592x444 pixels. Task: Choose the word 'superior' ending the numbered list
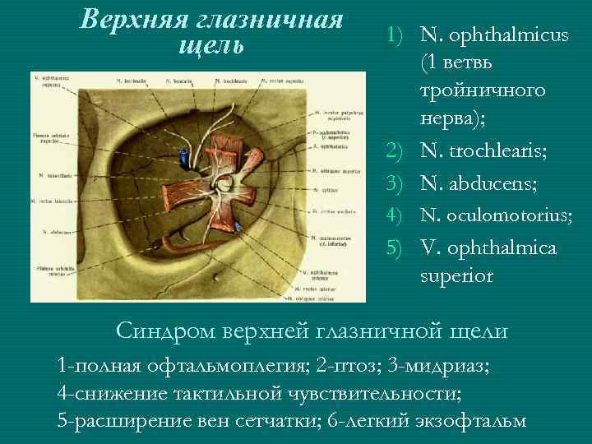(x=456, y=276)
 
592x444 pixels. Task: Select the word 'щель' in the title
(x=210, y=44)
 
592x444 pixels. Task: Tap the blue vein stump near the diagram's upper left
(x=187, y=155)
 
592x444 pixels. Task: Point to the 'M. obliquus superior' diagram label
(x=333, y=170)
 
